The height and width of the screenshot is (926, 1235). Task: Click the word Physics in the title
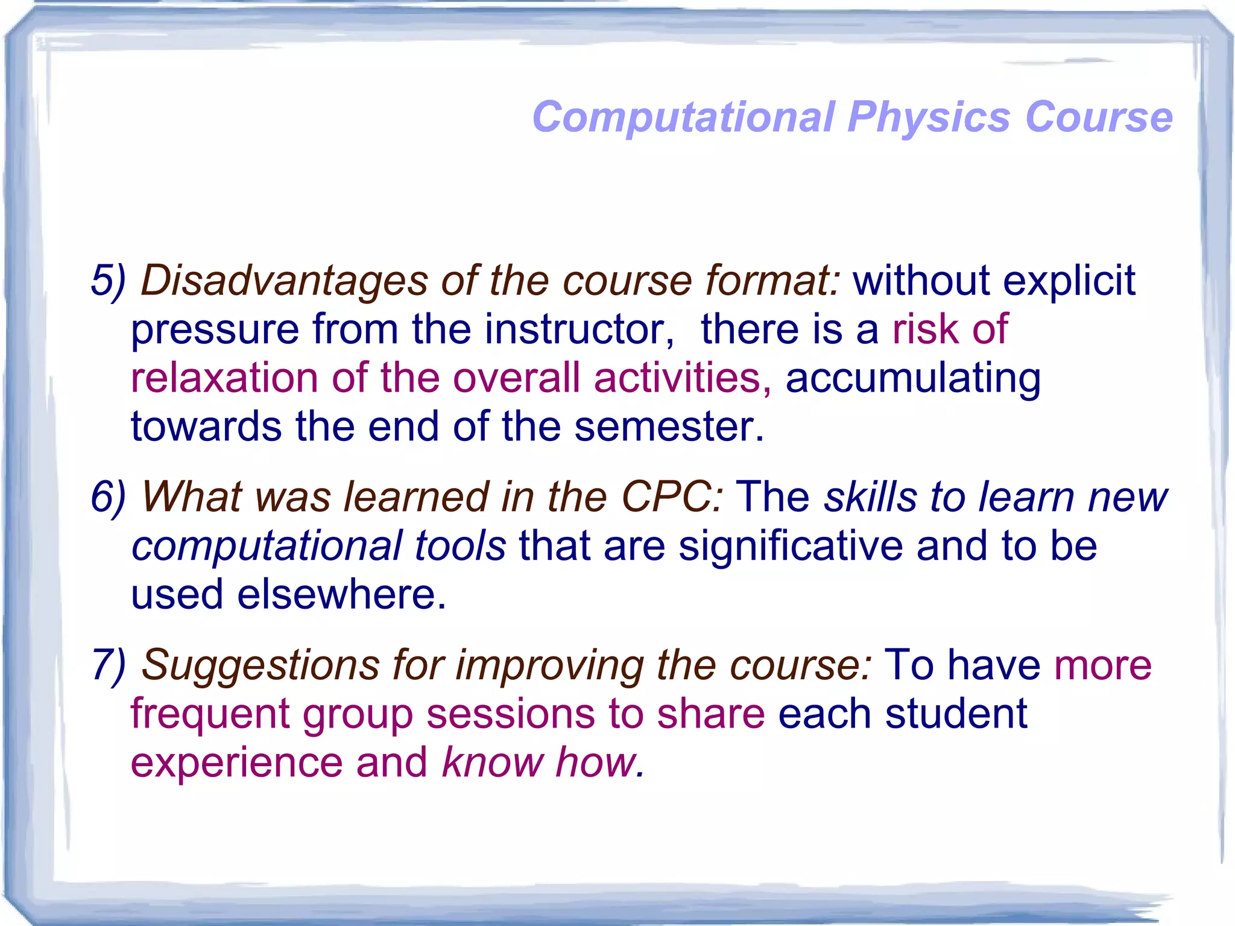tap(928, 117)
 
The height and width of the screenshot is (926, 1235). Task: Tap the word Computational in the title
tap(683, 117)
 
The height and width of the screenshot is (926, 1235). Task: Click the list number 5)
tap(109, 281)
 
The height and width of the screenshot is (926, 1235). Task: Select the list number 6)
tap(109, 497)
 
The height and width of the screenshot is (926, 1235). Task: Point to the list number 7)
tap(109, 665)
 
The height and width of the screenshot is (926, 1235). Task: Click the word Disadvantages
tap(283, 281)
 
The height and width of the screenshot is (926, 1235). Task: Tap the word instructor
tap(579, 330)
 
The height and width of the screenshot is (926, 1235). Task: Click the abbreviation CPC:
tap(672, 497)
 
